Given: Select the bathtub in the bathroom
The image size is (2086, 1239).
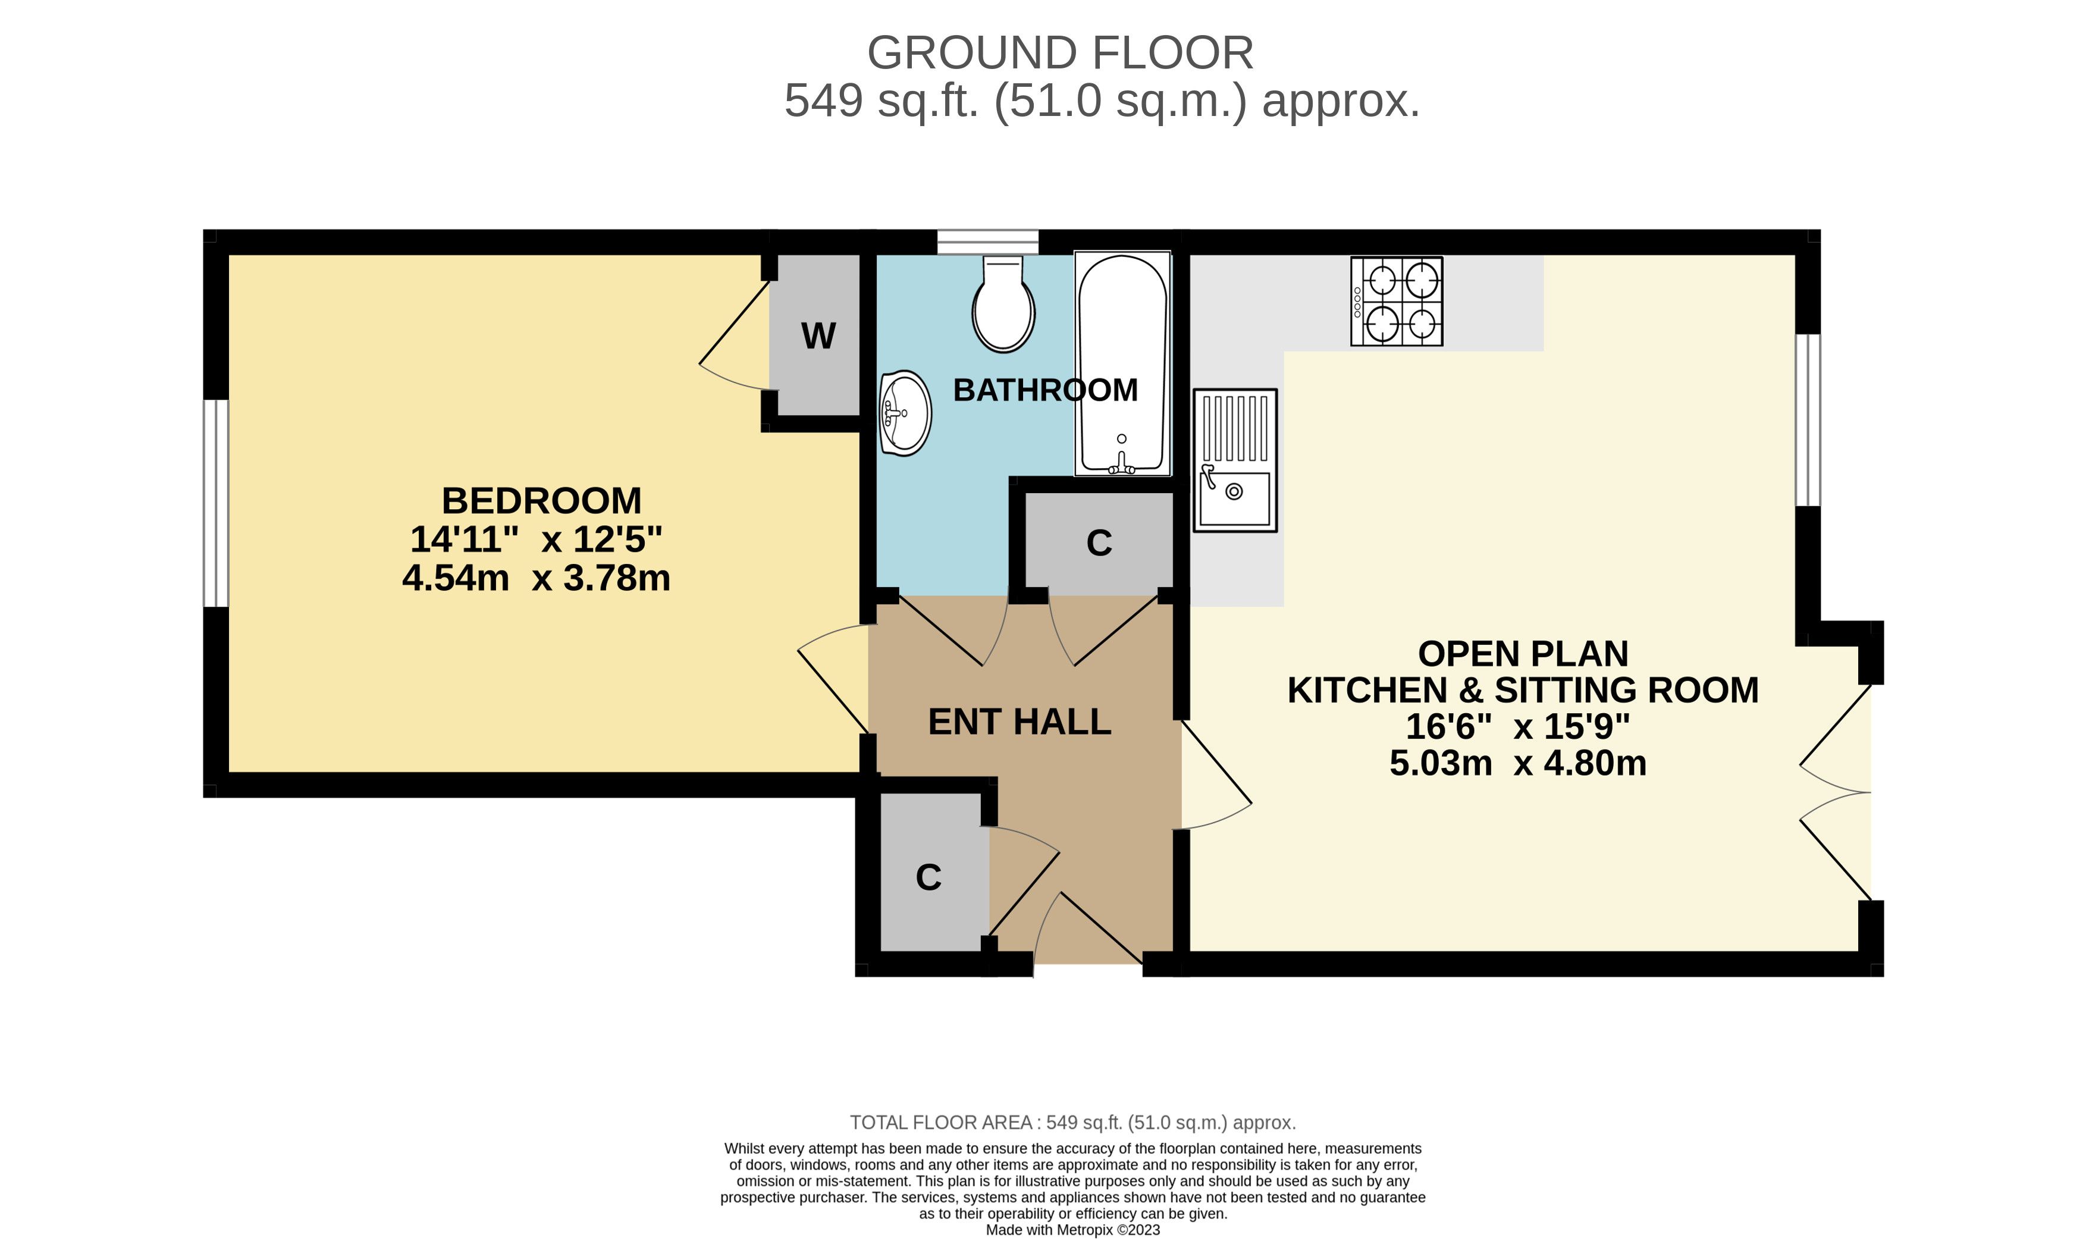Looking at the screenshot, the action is click(x=1122, y=364).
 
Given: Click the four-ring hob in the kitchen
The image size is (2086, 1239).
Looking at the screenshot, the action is click(x=1397, y=302).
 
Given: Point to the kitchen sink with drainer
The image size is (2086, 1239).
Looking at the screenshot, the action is click(x=1235, y=460).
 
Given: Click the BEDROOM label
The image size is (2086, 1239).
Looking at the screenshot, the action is click(x=541, y=501).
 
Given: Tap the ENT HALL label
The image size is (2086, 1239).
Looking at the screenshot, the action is click(x=1020, y=722).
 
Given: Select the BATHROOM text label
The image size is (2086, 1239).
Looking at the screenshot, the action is click(x=1045, y=390).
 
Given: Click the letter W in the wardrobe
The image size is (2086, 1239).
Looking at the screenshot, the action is click(x=818, y=335).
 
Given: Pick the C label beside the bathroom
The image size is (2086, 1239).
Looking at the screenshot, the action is click(x=1099, y=542).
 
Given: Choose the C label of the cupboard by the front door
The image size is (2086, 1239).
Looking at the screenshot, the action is click(x=928, y=877).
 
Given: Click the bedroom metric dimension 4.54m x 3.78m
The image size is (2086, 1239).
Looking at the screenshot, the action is click(x=536, y=578).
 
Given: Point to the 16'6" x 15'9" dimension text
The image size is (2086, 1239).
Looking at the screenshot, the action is click(x=1517, y=726).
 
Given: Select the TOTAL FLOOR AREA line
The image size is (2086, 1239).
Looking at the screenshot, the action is click(x=1072, y=1122).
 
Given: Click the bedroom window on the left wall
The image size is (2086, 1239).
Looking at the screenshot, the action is click(x=216, y=503).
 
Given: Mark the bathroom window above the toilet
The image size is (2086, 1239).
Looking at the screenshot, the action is click(x=987, y=242).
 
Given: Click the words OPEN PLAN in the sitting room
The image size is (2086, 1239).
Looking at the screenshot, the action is click(x=1523, y=654).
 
